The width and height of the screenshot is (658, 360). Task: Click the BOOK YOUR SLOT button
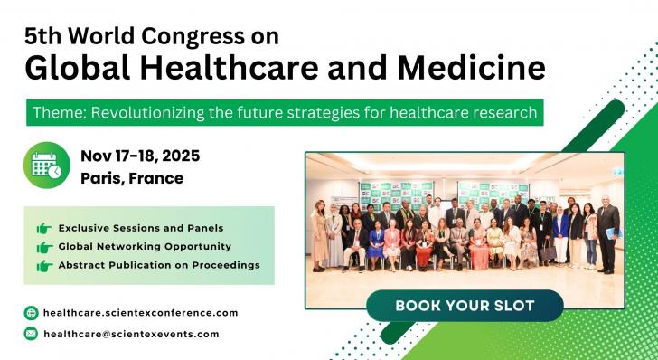tap(465, 306)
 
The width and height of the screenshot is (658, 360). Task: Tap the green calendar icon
tap(46, 166)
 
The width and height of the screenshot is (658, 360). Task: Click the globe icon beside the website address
tap(32, 313)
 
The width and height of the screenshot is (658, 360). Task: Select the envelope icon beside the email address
tap(32, 334)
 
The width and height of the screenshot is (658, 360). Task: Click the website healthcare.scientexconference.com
tap(140, 313)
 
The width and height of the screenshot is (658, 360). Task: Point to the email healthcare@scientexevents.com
tap(131, 334)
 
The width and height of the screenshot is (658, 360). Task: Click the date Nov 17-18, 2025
tap(140, 156)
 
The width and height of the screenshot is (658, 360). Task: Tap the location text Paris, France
tap(132, 178)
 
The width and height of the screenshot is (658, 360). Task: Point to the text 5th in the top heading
tap(42, 35)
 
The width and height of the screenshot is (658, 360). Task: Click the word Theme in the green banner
tap(55, 113)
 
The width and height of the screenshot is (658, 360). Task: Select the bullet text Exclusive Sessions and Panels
tap(140, 227)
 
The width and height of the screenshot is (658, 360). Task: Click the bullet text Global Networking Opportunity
tap(145, 246)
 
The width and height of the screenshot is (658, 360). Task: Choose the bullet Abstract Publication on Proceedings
tap(159, 265)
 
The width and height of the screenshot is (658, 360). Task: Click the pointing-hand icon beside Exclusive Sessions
tap(43, 228)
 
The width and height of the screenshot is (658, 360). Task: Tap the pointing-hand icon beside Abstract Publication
tap(43, 266)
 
